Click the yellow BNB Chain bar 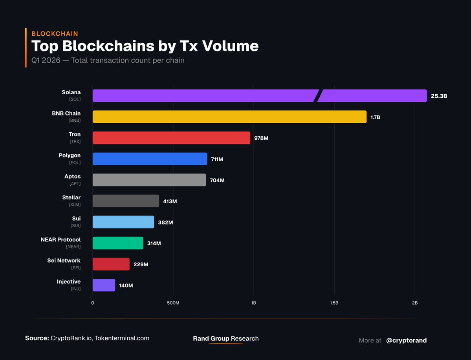[229, 117]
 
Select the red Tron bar [171, 138]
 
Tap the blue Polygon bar [150, 159]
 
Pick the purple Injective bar [104, 285]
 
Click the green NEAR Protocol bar [118, 243]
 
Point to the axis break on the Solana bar [318, 96]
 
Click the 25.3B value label [439, 96]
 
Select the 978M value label [261, 138]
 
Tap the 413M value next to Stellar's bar [170, 201]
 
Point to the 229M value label [141, 265]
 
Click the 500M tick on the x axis [173, 303]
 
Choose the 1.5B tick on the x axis [334, 303]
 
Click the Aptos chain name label [72, 177]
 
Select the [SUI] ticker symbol [75, 225]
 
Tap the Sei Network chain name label [63, 261]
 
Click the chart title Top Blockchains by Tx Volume [145, 46]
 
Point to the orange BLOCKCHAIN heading [55, 34]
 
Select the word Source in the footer [37, 338]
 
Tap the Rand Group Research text [226, 338]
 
